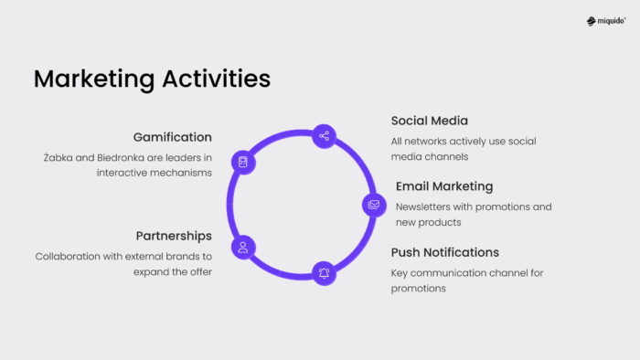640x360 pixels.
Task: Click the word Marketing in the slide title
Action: [x=92, y=79]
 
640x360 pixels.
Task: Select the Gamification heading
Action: [x=172, y=137]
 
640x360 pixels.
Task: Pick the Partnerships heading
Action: [x=174, y=236]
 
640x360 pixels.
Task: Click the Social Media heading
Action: [x=430, y=121]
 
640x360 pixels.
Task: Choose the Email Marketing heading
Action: [x=444, y=186]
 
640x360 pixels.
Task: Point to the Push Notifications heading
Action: [x=445, y=252]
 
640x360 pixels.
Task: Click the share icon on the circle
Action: [x=324, y=136]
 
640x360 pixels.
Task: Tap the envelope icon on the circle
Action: [x=373, y=205]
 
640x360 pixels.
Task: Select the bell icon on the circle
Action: [x=324, y=272]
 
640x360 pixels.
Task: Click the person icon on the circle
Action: [x=242, y=246]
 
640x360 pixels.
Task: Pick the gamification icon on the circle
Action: [x=242, y=163]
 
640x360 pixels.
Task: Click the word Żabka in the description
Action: [x=59, y=157]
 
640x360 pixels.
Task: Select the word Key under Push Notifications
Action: [x=400, y=272]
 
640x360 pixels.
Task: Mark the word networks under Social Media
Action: [x=427, y=141]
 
